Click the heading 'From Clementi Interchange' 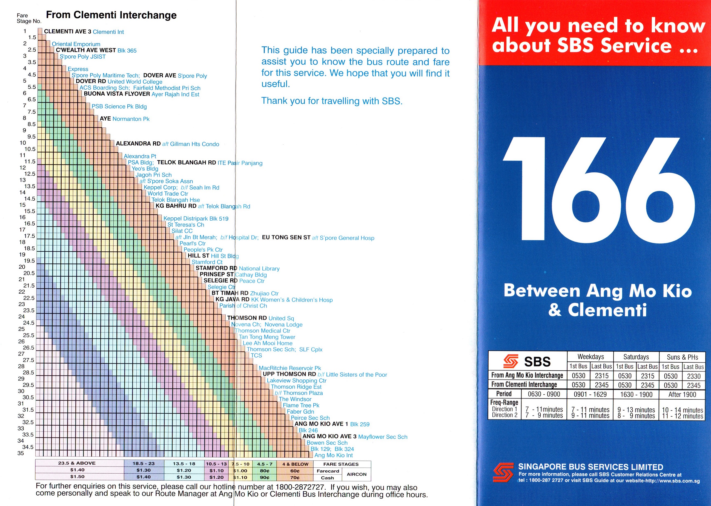click(111, 15)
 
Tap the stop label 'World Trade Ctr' click(168, 194)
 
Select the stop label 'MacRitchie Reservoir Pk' click(289, 368)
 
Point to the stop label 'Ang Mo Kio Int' click(333, 455)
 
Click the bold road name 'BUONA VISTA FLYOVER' click(117, 94)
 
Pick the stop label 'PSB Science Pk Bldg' click(119, 107)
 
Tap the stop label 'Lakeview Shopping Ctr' click(296, 380)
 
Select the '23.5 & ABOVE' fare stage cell click(77, 463)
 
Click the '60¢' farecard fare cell click(295, 471)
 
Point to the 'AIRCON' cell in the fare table click(357, 474)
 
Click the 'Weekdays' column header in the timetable click(590, 357)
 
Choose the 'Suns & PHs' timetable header click(682, 357)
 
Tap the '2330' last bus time click(693, 376)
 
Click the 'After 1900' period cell click(682, 394)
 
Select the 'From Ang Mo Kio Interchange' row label click(527, 376)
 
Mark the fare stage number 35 click(21, 453)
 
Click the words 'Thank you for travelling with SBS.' click(331, 101)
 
